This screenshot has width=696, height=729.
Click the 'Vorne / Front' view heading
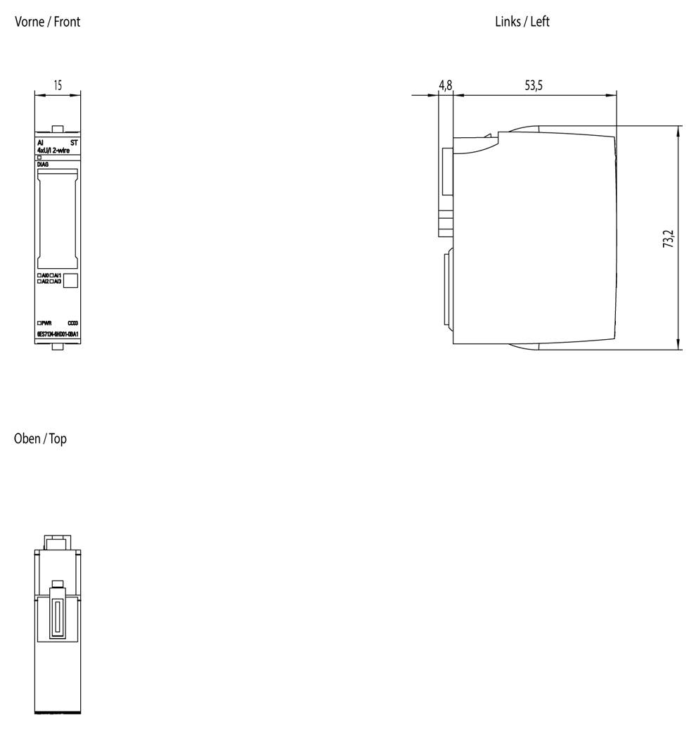(48, 22)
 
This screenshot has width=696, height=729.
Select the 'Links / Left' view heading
(522, 22)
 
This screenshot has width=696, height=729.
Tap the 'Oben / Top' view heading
(40, 438)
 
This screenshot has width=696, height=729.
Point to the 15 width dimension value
(58, 85)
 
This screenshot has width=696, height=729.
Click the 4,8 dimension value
(446, 86)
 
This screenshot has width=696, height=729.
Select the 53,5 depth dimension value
(534, 86)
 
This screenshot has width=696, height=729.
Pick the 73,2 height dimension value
(668, 239)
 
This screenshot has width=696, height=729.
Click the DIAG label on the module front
(42, 164)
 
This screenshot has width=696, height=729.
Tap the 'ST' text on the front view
(75, 143)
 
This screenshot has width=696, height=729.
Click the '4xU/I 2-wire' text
(53, 150)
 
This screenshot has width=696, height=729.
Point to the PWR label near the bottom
(46, 323)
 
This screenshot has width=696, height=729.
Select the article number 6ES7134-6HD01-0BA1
(58, 334)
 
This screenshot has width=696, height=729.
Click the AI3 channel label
(58, 281)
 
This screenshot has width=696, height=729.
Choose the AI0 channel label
(45, 275)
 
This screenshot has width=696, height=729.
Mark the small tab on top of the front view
(58, 129)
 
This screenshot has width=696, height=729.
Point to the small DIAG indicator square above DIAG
(39, 158)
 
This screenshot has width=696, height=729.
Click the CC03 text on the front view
(72, 323)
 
